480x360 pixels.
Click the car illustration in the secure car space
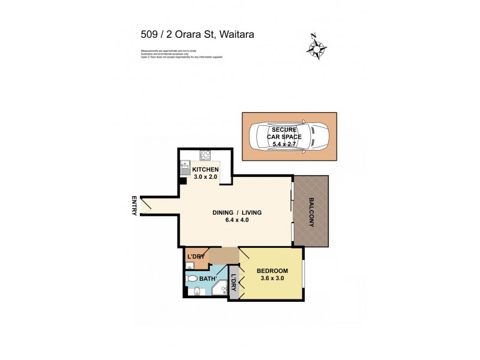(288, 137)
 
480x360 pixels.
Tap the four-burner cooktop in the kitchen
(205, 155)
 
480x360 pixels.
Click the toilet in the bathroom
(191, 278)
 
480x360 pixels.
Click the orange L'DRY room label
(196, 257)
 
